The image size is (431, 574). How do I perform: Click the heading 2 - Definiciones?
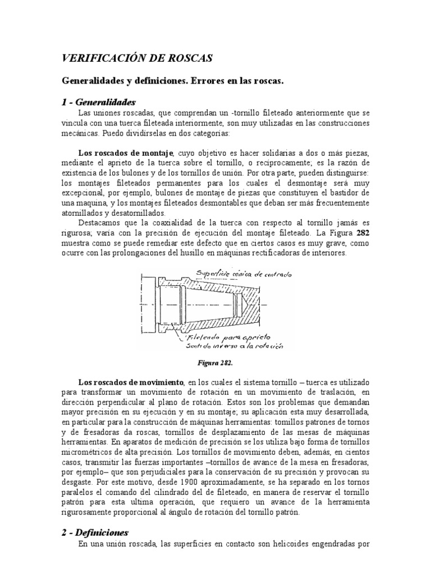click(x=95, y=532)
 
